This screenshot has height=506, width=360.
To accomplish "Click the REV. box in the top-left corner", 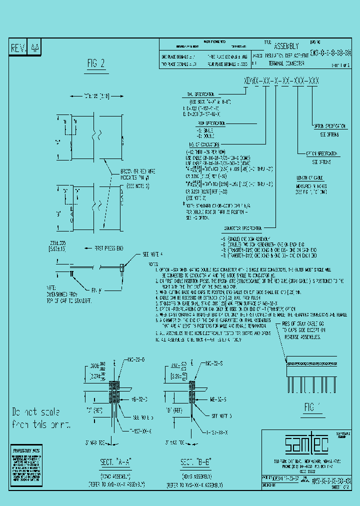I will pos(19,48).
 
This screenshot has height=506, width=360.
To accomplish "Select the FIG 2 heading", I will pos(96,63).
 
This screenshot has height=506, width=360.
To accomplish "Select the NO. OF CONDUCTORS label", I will pos(199,143).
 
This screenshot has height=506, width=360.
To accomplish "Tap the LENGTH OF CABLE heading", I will pos(311,177).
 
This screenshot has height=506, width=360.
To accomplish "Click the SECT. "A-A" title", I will pos(110,461).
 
